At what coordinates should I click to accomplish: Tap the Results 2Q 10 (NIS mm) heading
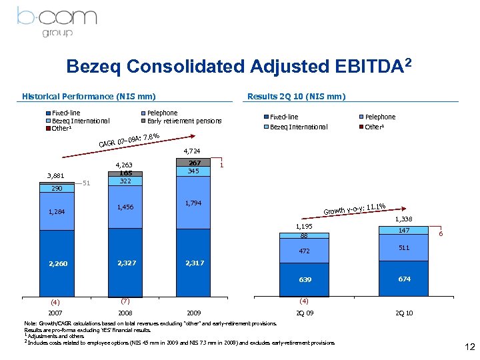pyautogui.click(x=296, y=97)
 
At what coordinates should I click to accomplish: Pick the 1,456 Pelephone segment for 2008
pyautogui.click(x=125, y=207)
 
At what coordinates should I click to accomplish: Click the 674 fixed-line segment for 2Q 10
pyautogui.click(x=404, y=279)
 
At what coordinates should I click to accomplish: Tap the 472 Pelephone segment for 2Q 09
pyautogui.click(x=304, y=251)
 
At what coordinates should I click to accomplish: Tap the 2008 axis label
pyautogui.click(x=125, y=312)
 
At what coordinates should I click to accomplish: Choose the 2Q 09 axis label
pyautogui.click(x=304, y=312)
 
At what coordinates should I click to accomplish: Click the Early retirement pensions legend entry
pyautogui.click(x=180, y=121)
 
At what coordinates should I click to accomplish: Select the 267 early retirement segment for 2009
pyautogui.click(x=195, y=163)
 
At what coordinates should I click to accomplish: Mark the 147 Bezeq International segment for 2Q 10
pyautogui.click(x=404, y=230)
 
